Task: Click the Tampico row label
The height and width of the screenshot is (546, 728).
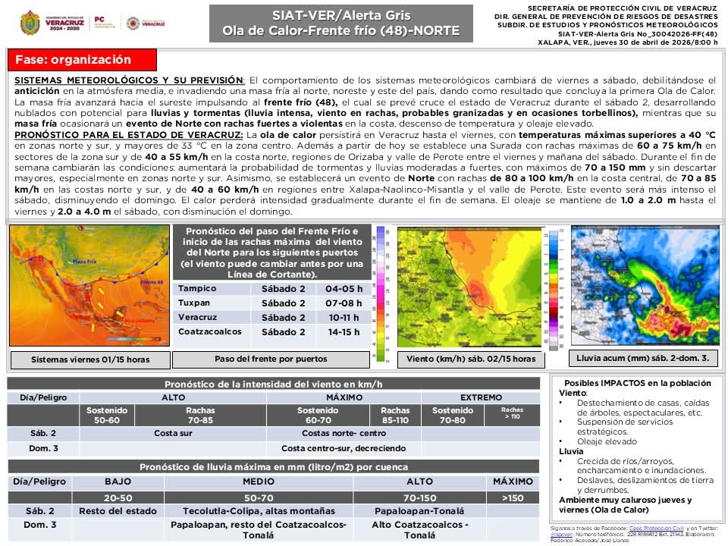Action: [x=197, y=289]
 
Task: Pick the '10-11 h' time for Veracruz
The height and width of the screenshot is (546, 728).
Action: [x=344, y=318]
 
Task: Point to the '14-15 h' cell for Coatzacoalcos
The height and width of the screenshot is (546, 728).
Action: [x=344, y=332]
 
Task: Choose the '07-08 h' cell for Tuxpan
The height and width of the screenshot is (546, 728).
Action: [x=344, y=303]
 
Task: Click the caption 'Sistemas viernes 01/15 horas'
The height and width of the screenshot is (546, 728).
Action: [x=90, y=359]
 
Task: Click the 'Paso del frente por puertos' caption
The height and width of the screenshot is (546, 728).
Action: [x=271, y=359]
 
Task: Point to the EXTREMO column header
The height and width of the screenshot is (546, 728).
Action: [x=482, y=397]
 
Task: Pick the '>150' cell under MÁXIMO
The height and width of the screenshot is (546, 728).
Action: [x=513, y=497]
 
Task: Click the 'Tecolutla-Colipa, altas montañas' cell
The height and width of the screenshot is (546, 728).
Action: [x=259, y=511]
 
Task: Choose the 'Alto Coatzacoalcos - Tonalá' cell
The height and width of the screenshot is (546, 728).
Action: [x=419, y=529]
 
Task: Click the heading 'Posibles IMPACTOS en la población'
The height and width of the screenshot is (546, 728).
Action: [x=639, y=383]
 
